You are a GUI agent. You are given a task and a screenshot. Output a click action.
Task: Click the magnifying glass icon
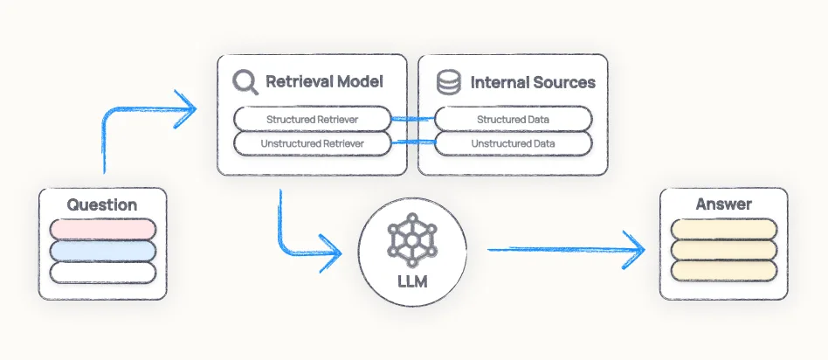(x=245, y=82)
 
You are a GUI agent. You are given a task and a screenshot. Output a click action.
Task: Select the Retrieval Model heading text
(x=324, y=82)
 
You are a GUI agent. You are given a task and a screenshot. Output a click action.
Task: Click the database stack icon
(x=448, y=83)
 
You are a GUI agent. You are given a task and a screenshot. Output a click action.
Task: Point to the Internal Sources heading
(x=533, y=83)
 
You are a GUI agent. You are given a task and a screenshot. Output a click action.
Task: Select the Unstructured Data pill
(x=514, y=142)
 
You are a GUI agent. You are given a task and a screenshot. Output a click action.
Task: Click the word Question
(x=102, y=205)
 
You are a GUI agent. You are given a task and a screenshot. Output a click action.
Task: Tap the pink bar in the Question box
(x=102, y=229)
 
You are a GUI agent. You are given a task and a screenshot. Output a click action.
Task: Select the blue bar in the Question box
(x=102, y=251)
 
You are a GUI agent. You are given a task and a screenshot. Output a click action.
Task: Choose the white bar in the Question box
(x=102, y=272)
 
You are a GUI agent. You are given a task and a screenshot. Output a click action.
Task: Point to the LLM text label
(x=411, y=282)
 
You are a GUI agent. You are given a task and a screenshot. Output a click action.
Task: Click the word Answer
(x=723, y=204)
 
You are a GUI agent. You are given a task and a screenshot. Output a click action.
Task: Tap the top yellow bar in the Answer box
(x=723, y=229)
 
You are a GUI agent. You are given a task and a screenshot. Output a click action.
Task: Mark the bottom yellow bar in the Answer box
(x=723, y=272)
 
